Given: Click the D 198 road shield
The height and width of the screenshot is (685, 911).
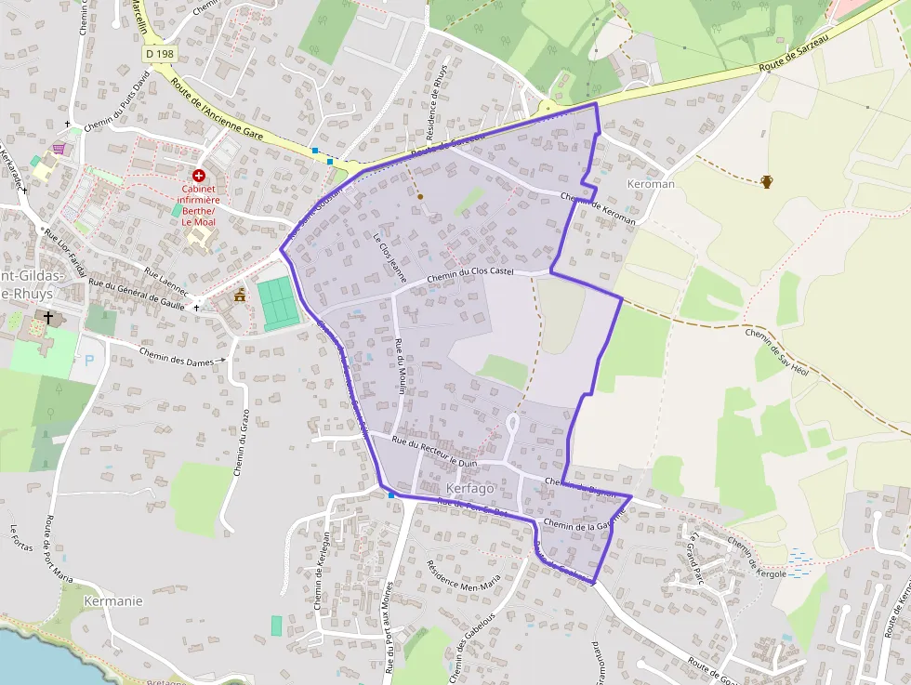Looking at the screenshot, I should pos(160,55).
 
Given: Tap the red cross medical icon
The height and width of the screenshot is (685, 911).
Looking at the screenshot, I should pos(199,175).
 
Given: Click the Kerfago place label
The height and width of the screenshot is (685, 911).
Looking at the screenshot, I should pos(472,488).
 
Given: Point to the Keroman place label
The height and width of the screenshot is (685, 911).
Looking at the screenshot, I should pos(651,184).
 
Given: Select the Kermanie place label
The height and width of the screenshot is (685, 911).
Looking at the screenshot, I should pos(113,600).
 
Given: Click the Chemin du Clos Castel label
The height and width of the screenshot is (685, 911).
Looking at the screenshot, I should pos(470,276).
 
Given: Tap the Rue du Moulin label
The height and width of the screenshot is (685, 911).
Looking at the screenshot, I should pos(400,367).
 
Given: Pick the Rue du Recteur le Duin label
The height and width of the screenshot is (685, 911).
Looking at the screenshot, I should pos(434,451).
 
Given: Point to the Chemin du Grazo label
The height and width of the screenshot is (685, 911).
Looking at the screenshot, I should pos(242,442).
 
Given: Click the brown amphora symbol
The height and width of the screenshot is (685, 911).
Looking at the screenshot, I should pos(767,181).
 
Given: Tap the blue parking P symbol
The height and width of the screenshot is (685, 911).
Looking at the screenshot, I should pos(88,362).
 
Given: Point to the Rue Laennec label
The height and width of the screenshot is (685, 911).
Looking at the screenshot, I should pos(166,282).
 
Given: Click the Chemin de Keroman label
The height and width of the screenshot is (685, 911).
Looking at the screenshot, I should pos(598,209).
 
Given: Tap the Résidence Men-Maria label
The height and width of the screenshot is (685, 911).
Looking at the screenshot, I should pos(463,577).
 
